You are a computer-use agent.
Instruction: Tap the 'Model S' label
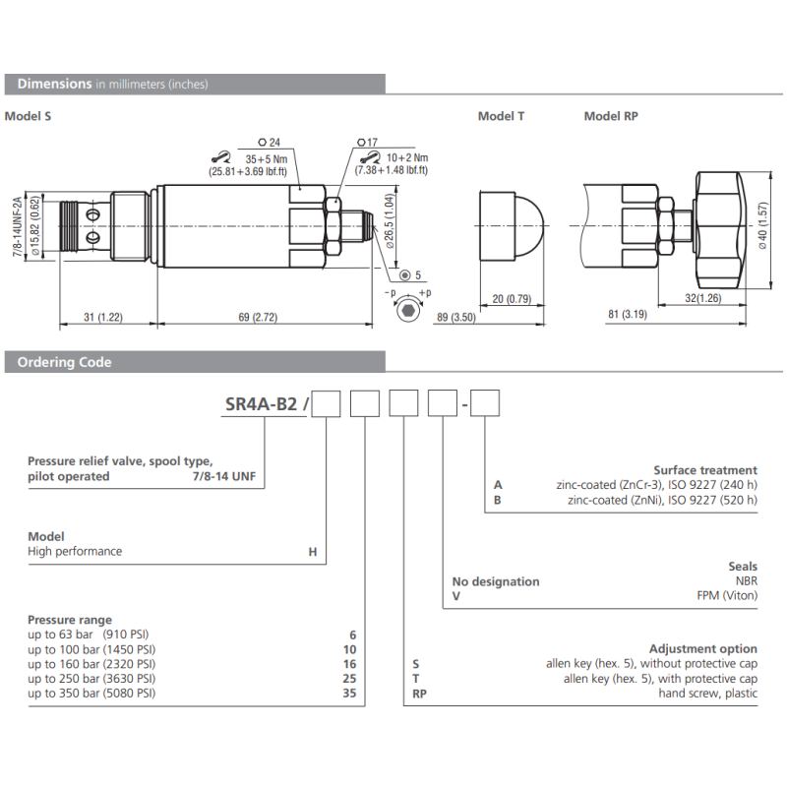point(28,116)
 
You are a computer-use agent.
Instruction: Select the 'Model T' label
point(501,116)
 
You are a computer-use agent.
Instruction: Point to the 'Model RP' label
point(611,116)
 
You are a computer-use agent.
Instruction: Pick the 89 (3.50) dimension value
point(454,317)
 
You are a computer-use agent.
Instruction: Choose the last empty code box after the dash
point(486,404)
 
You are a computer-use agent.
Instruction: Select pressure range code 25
point(349,679)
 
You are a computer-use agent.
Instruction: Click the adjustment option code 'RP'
point(418,694)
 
